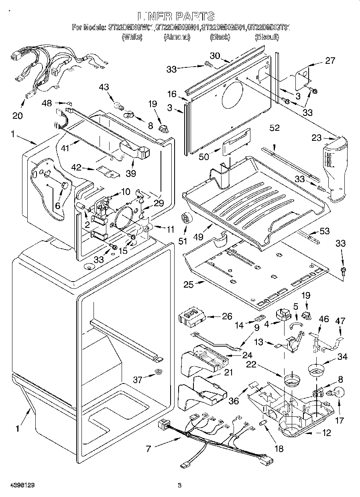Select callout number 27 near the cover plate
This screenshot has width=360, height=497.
click(330, 61)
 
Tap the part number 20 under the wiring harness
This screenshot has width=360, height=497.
click(17, 116)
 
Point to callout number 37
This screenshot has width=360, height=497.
click(138, 379)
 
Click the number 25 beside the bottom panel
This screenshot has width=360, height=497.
click(189, 284)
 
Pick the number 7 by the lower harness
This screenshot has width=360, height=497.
click(148, 448)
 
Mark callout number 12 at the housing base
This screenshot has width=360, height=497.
click(326, 433)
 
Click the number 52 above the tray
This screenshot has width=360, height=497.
click(275, 128)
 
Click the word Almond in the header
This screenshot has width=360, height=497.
click(177, 37)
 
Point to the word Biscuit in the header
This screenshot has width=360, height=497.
click(267, 37)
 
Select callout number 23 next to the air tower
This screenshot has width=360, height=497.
click(317, 138)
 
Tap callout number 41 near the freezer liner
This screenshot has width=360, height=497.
click(65, 148)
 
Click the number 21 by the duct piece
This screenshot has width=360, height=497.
click(228, 372)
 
